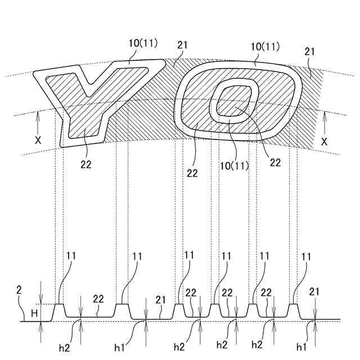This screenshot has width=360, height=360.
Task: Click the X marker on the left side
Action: pyautogui.click(x=38, y=141)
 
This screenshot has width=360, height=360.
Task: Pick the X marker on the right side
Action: pyautogui.click(x=325, y=142)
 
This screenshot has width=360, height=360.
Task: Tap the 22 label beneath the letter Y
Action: pyautogui.click(x=85, y=164)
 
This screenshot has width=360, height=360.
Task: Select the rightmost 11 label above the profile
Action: pyautogui.click(x=307, y=256)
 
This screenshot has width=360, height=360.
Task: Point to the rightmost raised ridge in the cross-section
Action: pyautogui.click(x=293, y=309)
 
